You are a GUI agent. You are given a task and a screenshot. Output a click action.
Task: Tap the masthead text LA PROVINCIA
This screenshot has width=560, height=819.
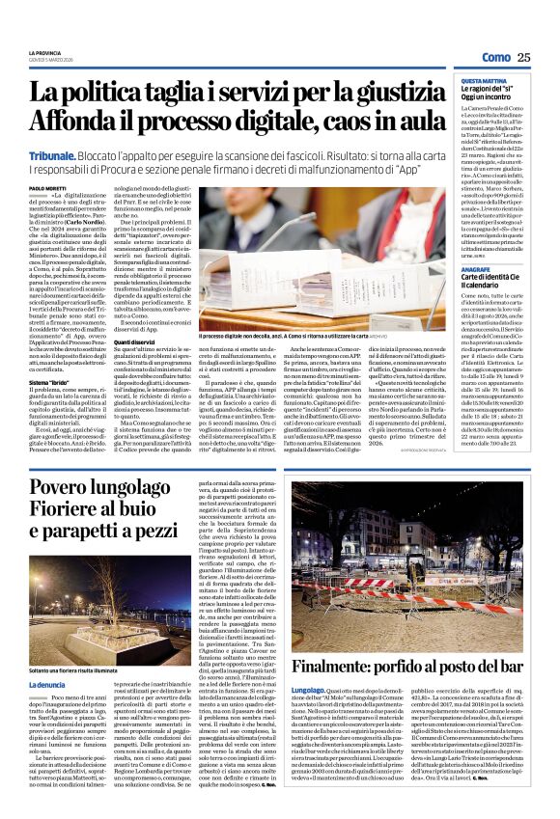coord(43,50)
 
